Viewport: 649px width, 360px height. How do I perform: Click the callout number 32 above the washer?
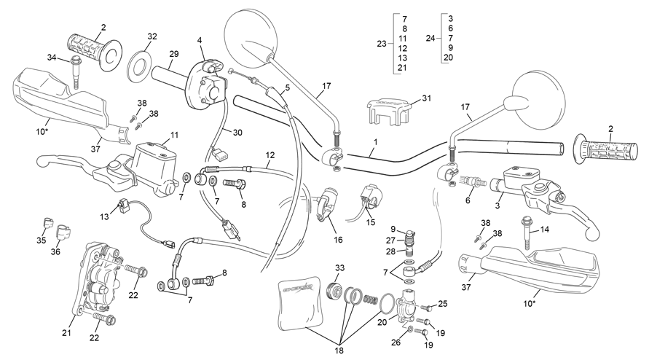(152, 36)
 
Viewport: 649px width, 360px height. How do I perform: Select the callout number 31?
(426, 98)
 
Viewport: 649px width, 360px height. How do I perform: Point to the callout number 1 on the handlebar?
(375, 141)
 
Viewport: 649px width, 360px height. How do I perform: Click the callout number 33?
(340, 268)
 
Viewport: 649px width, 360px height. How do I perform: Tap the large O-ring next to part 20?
(388, 302)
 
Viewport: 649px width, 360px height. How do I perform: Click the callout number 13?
(104, 216)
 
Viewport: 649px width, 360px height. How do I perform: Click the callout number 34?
(51, 58)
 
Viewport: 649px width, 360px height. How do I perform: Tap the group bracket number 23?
(382, 43)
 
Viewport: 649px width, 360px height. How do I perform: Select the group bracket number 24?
(430, 38)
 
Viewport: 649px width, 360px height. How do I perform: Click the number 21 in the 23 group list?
(402, 68)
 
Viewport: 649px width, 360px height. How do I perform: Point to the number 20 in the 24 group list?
(448, 58)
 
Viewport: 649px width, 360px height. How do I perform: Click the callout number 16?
(338, 240)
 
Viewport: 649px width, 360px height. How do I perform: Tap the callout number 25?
(442, 304)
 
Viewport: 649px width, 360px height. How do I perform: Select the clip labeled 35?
(48, 223)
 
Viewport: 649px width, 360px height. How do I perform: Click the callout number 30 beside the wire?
(237, 133)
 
